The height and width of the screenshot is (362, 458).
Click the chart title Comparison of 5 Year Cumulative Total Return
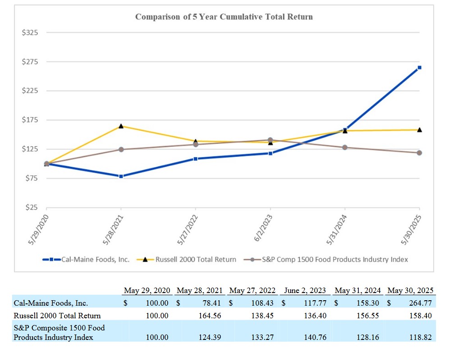224,17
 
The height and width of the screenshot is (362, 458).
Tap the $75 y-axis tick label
31,179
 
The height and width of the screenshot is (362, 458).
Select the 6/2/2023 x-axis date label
263,230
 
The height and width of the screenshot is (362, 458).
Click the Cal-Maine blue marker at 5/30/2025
419,68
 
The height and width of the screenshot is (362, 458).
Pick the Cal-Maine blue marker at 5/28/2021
121,176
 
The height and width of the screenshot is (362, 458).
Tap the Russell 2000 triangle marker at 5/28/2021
121,126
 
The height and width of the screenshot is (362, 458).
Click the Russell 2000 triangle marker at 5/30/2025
419,129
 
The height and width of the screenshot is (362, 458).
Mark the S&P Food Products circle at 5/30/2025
419,153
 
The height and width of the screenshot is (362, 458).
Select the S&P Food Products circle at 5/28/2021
121,149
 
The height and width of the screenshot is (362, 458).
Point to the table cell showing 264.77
421,303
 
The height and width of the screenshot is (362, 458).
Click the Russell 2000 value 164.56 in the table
210,316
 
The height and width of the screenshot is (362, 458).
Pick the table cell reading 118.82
421,337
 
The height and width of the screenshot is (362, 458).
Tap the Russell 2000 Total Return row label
57,316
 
